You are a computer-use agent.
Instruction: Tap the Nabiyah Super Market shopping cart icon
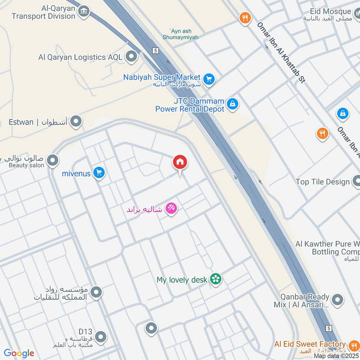point(209,80)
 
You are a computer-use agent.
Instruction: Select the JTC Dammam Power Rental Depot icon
point(233,104)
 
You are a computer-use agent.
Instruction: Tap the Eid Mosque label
point(330,11)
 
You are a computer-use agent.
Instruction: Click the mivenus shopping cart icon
point(99,173)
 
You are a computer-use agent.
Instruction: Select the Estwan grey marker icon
point(76,121)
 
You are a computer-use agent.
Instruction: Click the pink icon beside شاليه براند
point(171,209)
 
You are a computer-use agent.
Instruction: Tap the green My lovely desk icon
point(216,279)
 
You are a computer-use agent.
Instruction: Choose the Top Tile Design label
point(322,182)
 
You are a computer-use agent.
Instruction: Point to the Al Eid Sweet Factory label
point(310,344)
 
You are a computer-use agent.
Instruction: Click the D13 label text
point(85,331)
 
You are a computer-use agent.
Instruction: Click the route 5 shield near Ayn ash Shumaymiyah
point(155,50)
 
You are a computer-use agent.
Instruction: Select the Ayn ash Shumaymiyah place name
point(180,34)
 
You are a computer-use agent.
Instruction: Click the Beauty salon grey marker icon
point(53,160)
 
